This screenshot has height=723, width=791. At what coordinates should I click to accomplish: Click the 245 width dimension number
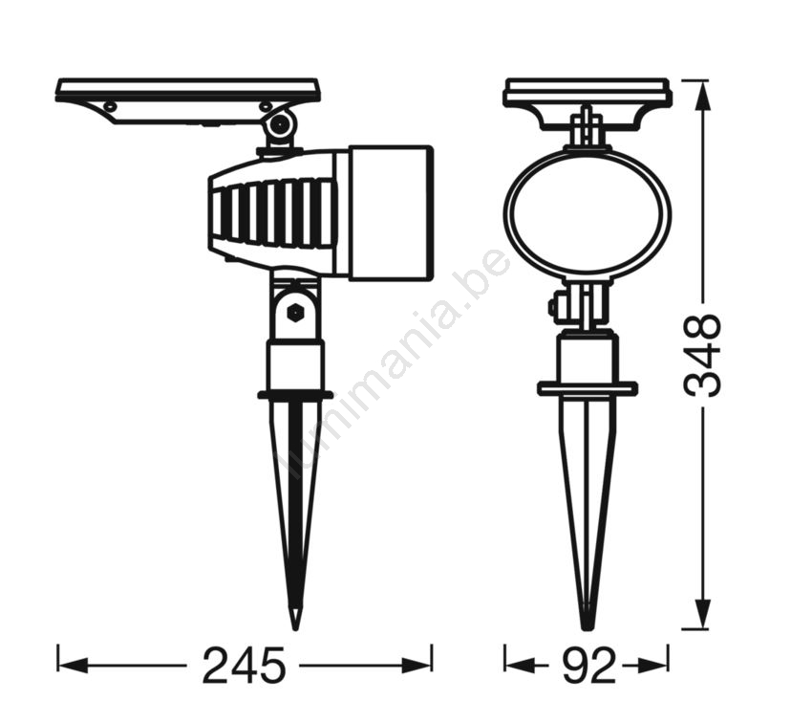[245, 666]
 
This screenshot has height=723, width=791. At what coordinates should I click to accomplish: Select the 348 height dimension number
[701, 356]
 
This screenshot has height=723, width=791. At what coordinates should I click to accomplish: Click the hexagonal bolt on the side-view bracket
[294, 314]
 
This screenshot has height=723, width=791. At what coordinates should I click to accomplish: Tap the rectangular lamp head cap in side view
[391, 212]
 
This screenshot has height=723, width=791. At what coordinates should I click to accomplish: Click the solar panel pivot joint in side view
[280, 124]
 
